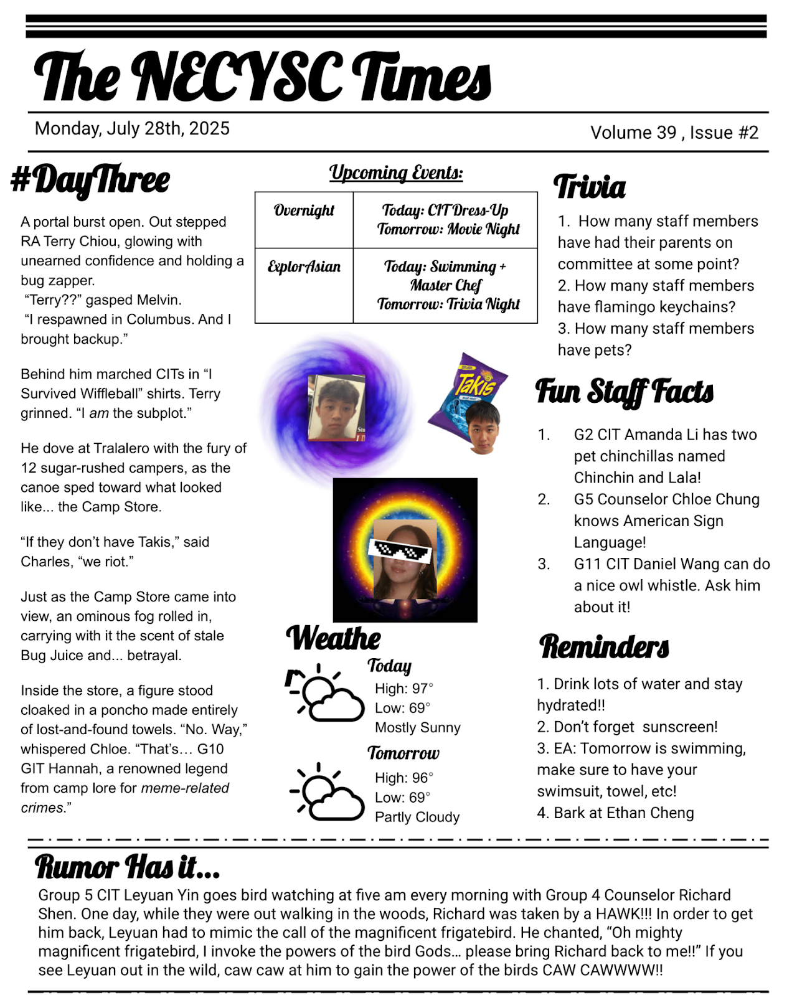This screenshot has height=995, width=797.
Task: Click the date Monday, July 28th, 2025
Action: point(132,128)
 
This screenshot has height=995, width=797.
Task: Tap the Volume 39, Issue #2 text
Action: point(674,133)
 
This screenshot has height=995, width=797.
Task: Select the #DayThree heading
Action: point(91,180)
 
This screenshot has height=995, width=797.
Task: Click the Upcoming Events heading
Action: point(396,172)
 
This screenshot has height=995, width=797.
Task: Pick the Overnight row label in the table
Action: point(304,210)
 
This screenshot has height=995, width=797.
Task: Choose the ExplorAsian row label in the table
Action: point(304,266)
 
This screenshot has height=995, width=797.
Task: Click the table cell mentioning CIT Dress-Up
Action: point(445,219)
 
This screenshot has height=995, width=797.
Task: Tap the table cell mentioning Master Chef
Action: point(445,285)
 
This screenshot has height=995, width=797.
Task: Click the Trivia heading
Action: point(590,187)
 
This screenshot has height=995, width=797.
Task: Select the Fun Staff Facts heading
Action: point(624,392)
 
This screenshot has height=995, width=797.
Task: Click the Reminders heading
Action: point(604,646)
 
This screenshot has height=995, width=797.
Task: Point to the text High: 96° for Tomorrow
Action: point(403,778)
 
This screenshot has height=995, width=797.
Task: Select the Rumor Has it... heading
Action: point(127,866)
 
